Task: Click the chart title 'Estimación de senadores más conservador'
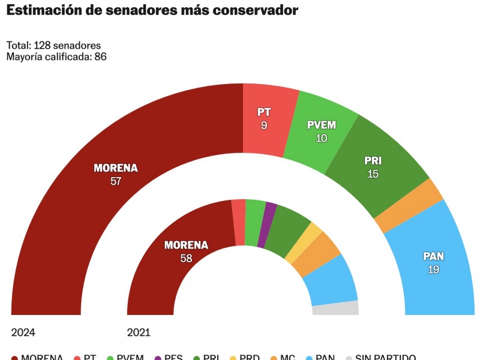pos(152,11)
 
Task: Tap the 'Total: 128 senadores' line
pos(53,46)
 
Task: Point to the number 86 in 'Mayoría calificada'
pos(100,56)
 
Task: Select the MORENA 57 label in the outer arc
pos(116,174)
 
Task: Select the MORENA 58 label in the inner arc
pos(186,251)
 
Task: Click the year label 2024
pos(23,332)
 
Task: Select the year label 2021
pos(139,332)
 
